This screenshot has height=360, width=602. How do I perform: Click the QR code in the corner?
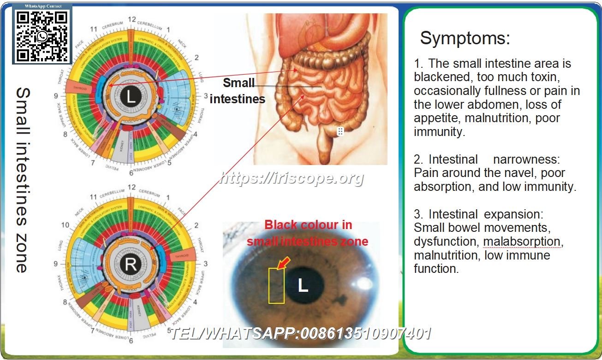(42, 36)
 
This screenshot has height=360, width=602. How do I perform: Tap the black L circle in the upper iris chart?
(131, 97)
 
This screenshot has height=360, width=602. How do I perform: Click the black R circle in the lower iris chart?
(131, 265)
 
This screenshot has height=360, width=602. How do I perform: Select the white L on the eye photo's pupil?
(303, 286)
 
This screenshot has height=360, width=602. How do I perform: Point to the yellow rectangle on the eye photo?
(276, 285)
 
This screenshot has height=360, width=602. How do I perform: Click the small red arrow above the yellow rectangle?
(283, 263)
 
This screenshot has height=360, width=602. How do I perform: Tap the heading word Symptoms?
(465, 38)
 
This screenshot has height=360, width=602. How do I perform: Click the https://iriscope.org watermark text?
(292, 178)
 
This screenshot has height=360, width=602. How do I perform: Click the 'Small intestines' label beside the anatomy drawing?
(238, 91)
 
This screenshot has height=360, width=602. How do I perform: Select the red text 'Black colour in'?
(308, 225)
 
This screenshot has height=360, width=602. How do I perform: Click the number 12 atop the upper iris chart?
(132, 19)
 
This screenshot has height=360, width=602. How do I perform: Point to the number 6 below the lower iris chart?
(131, 342)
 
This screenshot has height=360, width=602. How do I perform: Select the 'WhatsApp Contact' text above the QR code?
(42, 7)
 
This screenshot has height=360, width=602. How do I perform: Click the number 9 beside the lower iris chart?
(55, 264)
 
